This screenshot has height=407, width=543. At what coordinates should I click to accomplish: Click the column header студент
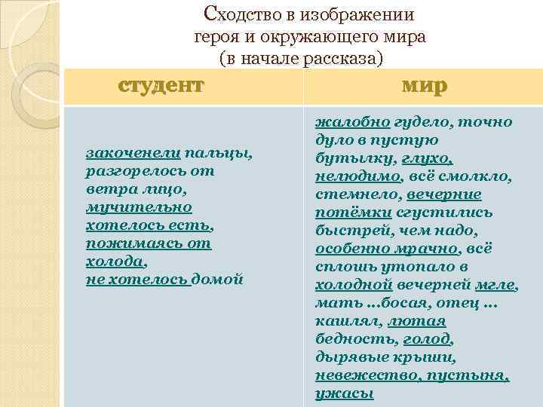point(161,85)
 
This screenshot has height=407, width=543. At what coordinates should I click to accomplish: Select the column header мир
point(425,85)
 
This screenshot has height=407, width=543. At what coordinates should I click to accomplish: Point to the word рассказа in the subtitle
point(342,57)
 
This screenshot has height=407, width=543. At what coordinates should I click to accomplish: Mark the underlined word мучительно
point(139,207)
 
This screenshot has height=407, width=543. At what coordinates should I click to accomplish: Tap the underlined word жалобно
point(351,122)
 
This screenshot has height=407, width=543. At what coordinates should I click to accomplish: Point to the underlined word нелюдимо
point(358,177)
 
